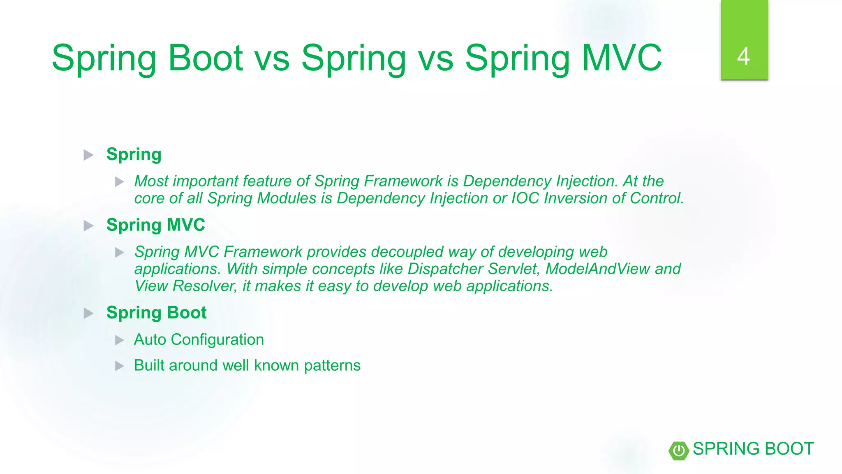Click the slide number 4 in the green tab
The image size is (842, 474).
(743, 57)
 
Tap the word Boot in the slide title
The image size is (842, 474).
(206, 58)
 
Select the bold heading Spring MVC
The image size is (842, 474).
(155, 225)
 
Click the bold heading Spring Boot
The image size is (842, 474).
(156, 313)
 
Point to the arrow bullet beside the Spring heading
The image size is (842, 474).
(88, 155)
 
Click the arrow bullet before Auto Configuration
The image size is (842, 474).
(119, 340)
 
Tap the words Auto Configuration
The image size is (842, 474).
(199, 340)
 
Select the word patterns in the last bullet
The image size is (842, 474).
(332, 366)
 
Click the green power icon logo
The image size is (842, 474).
(679, 450)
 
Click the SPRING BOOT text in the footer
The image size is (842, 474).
(753, 449)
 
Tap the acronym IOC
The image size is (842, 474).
(525, 198)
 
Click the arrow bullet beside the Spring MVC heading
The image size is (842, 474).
(88, 226)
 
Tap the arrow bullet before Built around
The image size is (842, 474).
(119, 366)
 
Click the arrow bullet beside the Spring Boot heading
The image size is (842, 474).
(88, 314)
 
